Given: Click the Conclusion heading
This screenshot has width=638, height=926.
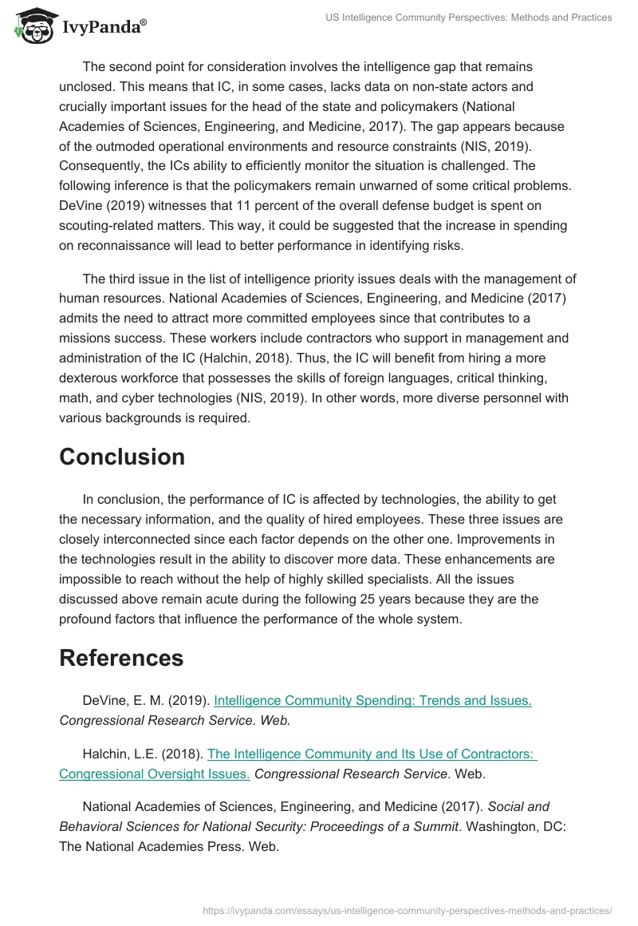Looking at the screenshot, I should point(122,457).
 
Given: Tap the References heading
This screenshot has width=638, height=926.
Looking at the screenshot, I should point(121,658).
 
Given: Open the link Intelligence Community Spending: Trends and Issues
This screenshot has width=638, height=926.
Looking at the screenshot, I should point(372,700).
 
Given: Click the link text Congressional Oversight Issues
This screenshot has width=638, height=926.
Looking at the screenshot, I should point(155,774).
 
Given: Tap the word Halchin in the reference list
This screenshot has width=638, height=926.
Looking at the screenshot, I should point(104,753).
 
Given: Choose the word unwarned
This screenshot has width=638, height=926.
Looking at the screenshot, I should point(348,186).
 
